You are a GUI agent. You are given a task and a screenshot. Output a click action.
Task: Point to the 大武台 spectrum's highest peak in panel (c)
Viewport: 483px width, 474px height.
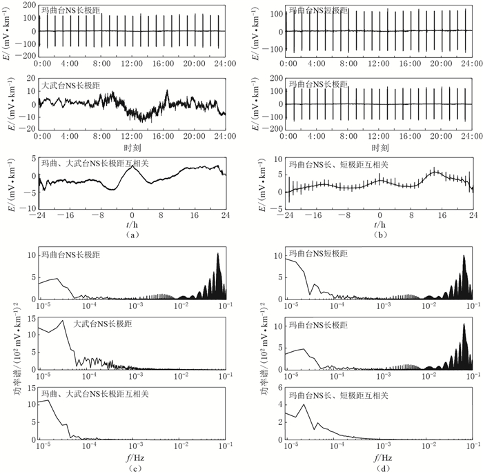[63, 320]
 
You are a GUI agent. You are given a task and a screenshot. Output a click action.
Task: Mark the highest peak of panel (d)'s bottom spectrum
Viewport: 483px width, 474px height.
[304, 404]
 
